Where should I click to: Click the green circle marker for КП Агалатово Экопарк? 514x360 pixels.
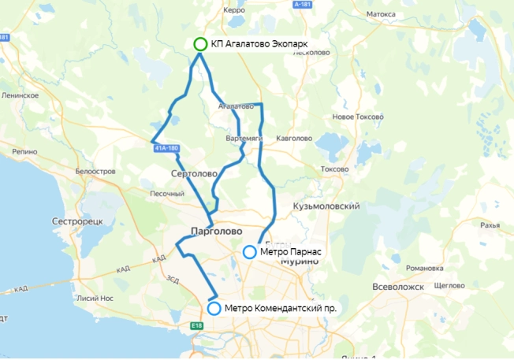click(x=200, y=44)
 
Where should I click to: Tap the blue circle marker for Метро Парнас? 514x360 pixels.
click(x=249, y=252)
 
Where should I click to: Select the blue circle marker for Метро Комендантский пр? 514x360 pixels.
click(x=214, y=308)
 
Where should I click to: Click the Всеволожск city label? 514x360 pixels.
click(x=399, y=286)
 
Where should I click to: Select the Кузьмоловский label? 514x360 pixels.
click(x=326, y=206)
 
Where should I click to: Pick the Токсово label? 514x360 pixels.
click(x=336, y=169)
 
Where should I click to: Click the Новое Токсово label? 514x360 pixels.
click(x=358, y=117)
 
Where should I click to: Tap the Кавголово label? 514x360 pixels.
click(x=293, y=139)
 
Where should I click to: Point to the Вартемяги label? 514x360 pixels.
click(x=243, y=139)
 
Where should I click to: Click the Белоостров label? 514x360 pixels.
click(x=96, y=171)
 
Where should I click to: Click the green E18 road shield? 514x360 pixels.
click(x=196, y=325)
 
